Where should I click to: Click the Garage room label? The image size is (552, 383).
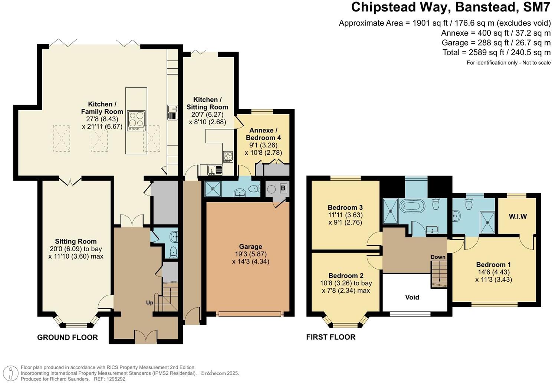tap(251, 246)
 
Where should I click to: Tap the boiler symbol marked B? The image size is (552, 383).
tap(283, 189)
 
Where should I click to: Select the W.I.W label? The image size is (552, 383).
tap(518, 217)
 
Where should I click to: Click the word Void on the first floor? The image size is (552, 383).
tap(412, 297)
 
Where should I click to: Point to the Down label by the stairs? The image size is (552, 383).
tap(438, 257)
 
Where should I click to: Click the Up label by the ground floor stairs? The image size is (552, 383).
tap(149, 303)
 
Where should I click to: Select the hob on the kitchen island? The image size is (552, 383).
tap(136, 121)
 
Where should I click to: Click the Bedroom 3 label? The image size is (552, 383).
tap(345, 207)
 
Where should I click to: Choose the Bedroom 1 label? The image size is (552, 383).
tap(494, 265)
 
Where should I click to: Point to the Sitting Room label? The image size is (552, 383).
tap(76, 242)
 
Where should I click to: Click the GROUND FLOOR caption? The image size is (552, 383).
tap(67, 337)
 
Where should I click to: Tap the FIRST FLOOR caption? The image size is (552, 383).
tap(331, 337)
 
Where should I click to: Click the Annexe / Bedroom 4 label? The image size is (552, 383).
tap(263, 134)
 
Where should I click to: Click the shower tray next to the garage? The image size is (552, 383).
tap(213, 189)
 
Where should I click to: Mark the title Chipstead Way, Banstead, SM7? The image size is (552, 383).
tap(451, 7)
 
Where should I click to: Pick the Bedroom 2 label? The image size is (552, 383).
tap(346, 275)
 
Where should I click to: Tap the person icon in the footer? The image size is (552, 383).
tap(10, 373)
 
